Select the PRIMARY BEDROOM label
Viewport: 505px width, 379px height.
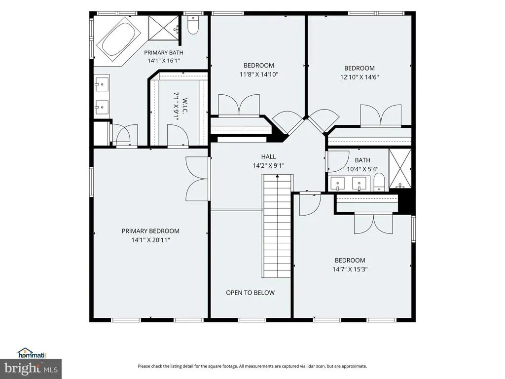150,231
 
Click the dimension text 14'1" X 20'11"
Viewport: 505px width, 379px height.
150,240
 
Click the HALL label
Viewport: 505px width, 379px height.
268,156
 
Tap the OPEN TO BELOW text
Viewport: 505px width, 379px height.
250,293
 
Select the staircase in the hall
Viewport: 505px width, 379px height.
277,226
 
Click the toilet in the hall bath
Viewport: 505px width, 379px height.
379,183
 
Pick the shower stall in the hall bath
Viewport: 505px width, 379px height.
400,169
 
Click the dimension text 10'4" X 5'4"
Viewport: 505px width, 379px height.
362,169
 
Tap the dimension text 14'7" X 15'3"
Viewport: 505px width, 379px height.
350,269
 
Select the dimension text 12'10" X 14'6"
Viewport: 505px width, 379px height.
360,77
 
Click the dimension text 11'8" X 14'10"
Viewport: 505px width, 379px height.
259,75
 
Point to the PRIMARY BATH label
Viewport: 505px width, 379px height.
164,52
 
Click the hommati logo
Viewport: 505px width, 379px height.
32,353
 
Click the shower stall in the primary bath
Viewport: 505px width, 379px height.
163,28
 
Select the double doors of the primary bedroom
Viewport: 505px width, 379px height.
197,179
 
